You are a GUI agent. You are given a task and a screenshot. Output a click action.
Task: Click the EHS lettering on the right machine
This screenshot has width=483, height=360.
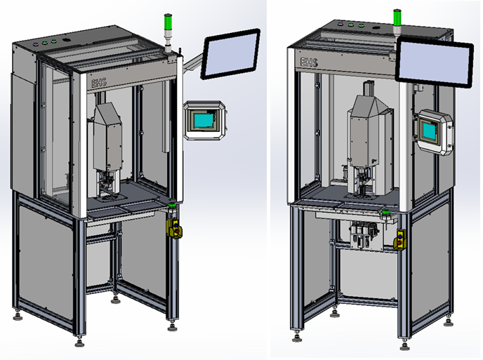click(309, 63)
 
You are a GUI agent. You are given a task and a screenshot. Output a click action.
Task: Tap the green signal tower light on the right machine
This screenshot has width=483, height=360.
click(397, 16)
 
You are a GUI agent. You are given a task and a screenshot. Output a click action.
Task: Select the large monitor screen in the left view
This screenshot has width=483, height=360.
click(231, 55)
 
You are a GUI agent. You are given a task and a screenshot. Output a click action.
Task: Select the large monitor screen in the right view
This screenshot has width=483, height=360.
click(433, 64)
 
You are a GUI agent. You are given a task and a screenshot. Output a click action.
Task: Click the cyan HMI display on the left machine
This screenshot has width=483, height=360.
click(205, 120)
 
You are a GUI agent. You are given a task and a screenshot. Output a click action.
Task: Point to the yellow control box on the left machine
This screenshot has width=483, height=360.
click(172, 227)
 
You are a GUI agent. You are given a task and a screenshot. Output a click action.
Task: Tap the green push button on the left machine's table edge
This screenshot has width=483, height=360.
click(171, 205)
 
